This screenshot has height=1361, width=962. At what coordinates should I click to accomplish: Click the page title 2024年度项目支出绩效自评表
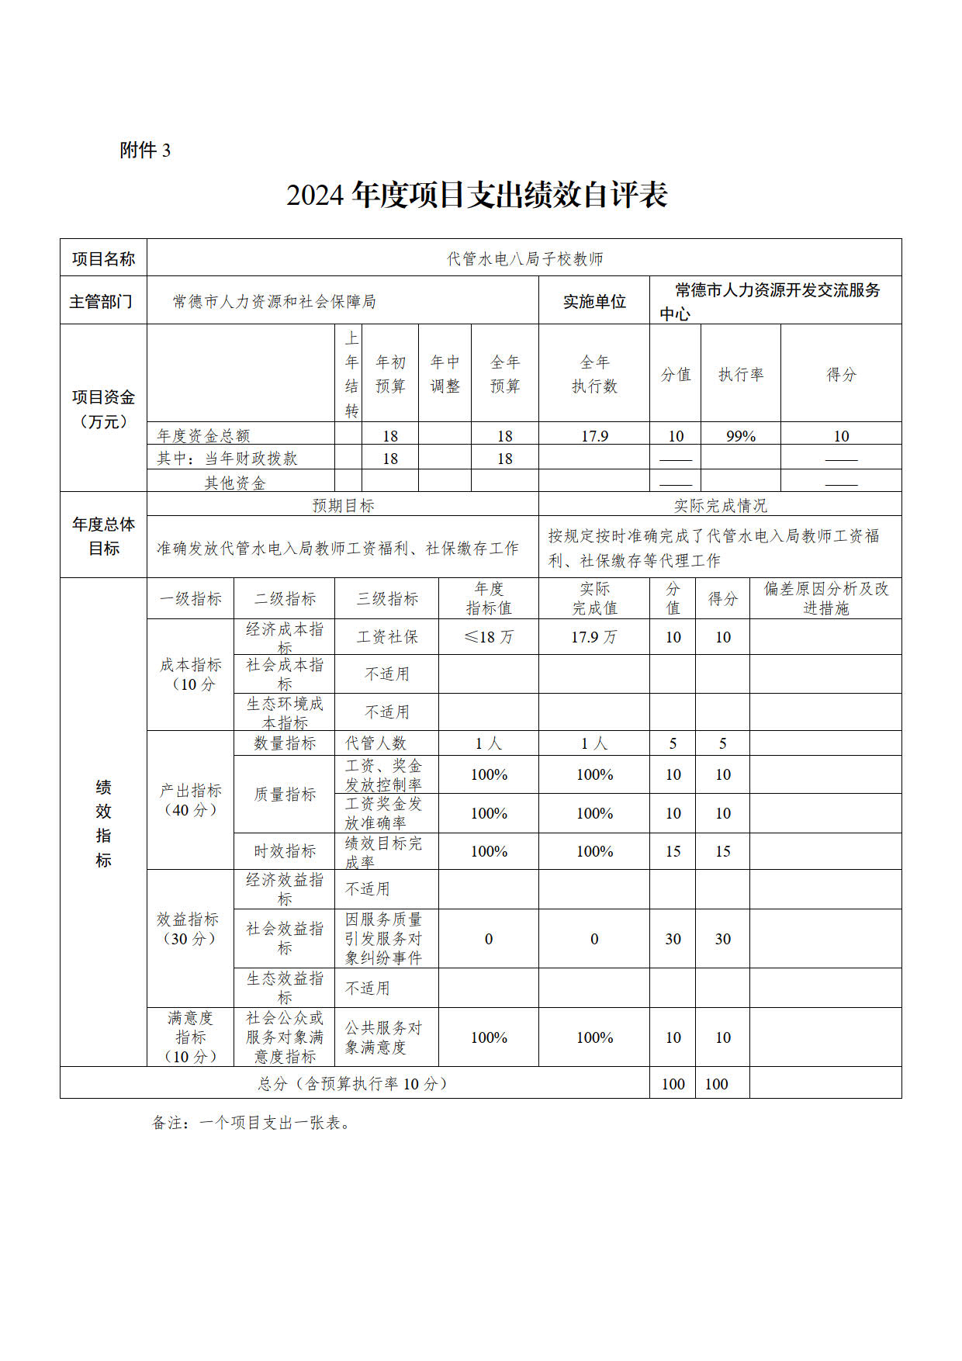click(476, 196)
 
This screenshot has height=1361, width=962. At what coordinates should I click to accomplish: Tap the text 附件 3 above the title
click(145, 151)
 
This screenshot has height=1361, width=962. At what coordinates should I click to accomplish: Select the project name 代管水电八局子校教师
click(524, 259)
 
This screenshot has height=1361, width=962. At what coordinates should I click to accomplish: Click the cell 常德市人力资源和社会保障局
click(274, 302)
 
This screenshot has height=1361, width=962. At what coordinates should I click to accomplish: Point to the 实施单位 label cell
click(593, 302)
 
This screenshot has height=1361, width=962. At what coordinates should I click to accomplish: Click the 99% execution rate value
click(740, 436)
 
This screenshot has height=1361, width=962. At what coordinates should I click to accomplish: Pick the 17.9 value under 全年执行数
click(594, 436)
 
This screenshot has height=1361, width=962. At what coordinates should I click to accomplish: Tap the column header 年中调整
click(445, 374)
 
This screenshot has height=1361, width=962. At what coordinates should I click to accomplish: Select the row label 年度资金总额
click(203, 436)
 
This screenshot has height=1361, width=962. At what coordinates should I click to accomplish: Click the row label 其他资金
click(234, 483)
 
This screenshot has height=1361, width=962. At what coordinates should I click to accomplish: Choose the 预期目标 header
click(343, 506)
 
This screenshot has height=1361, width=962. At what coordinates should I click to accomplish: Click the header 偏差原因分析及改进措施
click(825, 598)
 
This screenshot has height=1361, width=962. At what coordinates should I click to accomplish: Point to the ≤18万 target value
click(489, 637)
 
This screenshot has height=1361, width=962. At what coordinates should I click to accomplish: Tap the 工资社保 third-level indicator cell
click(386, 637)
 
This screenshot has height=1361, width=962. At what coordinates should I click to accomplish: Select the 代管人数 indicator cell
click(375, 743)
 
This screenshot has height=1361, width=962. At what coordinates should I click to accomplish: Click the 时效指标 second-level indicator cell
click(285, 851)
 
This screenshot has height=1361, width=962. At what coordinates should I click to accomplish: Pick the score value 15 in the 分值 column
click(673, 851)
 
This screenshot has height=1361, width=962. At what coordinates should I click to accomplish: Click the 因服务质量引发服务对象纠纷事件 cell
click(383, 939)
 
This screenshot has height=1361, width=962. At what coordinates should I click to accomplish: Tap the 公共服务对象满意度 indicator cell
click(383, 1037)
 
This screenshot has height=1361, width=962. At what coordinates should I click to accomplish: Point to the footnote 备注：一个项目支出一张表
click(251, 1123)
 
